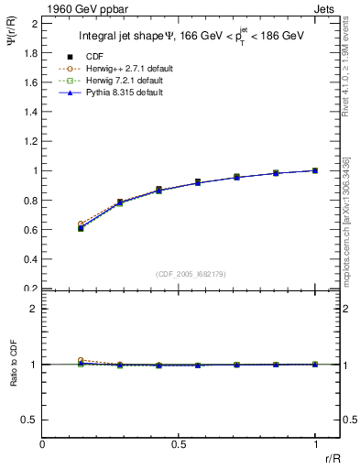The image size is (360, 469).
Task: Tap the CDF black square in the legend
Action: pyautogui.click(x=70, y=56)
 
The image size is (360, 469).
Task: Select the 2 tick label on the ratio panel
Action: pyautogui.click(x=33, y=309)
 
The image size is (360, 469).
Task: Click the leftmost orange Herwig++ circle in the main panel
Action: pyautogui.click(x=81, y=224)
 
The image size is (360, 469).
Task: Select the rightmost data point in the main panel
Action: pyautogui.click(x=315, y=170)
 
